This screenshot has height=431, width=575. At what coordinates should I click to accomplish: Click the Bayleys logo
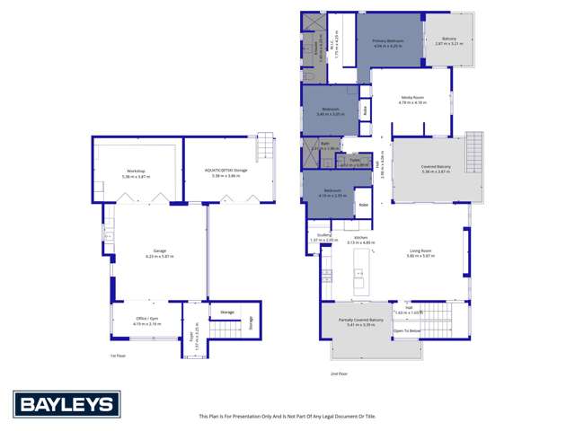pyautogui.click(x=63, y=403)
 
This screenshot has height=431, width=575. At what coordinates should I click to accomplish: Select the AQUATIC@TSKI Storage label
pyautogui.click(x=226, y=172)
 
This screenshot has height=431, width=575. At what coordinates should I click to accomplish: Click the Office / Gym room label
pyautogui.click(x=138, y=321)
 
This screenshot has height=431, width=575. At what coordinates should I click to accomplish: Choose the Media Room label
pyautogui.click(x=411, y=100)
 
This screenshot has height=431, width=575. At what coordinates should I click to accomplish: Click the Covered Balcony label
pyautogui.click(x=435, y=168)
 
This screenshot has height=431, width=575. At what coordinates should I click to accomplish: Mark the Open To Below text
pyautogui.click(x=406, y=330)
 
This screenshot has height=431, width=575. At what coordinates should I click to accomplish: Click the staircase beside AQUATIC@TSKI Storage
pyautogui.click(x=264, y=145)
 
